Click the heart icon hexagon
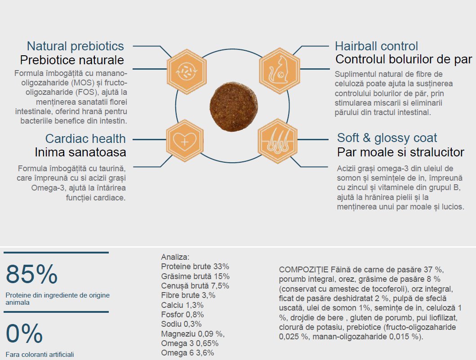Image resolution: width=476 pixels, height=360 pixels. [x=185, y=142]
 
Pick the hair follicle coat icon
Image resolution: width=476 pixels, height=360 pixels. [x=277, y=142]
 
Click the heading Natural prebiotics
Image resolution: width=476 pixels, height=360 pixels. [x=76, y=46]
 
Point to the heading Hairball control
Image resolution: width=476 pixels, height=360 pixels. [x=377, y=46]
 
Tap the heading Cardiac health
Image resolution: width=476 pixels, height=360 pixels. [x=85, y=138]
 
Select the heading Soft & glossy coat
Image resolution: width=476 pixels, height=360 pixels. [x=387, y=138]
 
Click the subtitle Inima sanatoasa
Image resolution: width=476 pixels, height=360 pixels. [x=80, y=152]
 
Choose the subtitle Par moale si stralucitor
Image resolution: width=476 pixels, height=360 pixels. [x=400, y=152]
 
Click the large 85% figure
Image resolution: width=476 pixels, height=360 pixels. [x=31, y=275]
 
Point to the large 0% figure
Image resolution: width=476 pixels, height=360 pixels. [x=24, y=333]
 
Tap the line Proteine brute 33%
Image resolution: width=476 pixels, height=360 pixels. [x=195, y=267]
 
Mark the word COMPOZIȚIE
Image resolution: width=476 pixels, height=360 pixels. [x=303, y=270]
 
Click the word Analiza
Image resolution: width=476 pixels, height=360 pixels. [x=175, y=257]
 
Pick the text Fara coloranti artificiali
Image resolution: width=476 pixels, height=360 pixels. [x=40, y=354]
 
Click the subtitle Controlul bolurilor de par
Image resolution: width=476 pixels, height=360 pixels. [x=404, y=59]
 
